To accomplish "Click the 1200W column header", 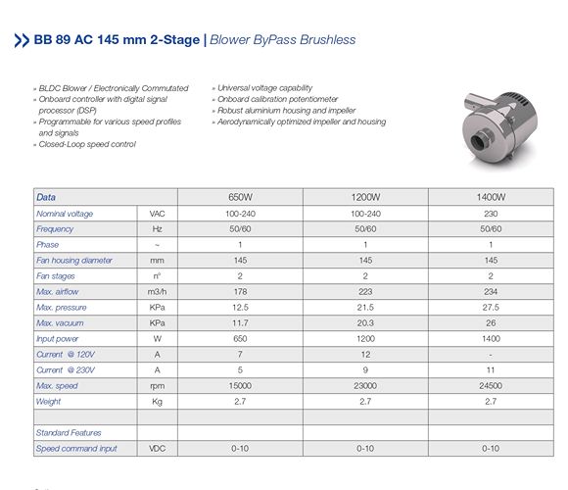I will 364,197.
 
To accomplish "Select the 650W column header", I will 239,197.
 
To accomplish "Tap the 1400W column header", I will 491,197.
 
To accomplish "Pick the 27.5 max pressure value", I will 491,307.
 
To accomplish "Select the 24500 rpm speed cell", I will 491,385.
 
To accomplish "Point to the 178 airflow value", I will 239,291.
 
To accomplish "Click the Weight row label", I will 49,401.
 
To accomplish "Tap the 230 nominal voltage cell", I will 491,213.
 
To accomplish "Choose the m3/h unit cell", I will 158,291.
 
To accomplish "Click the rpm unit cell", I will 158,385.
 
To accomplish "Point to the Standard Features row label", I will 69,432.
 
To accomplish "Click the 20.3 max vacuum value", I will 364,322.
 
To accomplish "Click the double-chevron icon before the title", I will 22,40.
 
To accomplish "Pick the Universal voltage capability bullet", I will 263,88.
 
